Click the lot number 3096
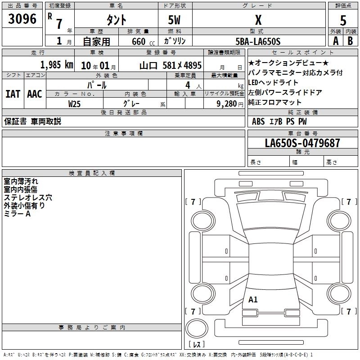coord(22,19)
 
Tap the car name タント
coord(116,20)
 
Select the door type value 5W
coord(174,20)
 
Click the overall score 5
coord(343,20)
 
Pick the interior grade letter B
coord(350,41)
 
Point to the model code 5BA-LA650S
coord(258,41)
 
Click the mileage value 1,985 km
coord(57,65)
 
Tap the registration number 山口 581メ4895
coord(171,66)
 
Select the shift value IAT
coord(13,94)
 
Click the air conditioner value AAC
coord(35,94)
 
